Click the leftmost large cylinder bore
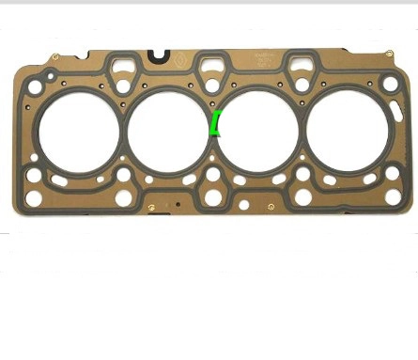click(x=79, y=132)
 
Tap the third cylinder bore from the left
click(x=257, y=131)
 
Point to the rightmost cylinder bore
click(x=346, y=132)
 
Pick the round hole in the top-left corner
click(x=35, y=87)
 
